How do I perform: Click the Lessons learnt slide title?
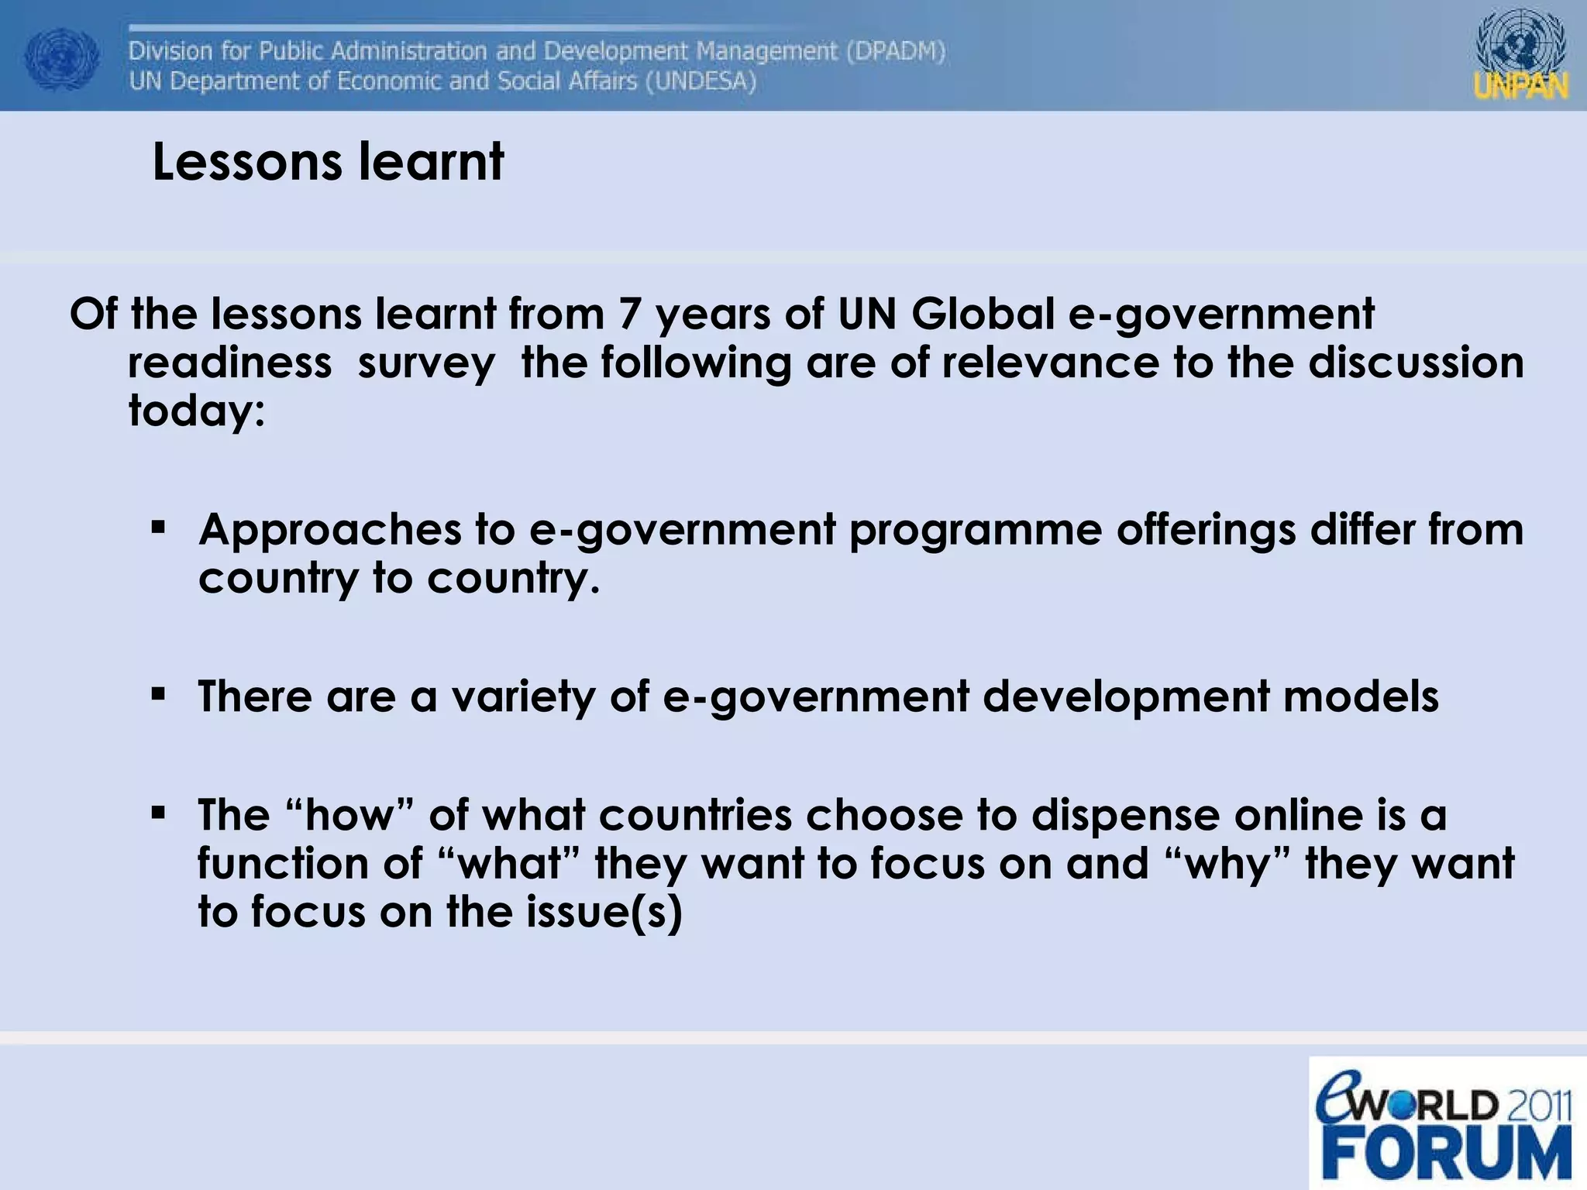pos(328,162)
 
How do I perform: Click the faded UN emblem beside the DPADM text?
pos(62,60)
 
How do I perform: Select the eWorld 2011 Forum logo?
pos(1445,1123)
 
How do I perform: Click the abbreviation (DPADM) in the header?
pos(896,51)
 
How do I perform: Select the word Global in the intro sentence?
pos(983,315)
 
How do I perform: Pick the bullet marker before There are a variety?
pos(159,694)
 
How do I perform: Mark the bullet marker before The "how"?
pos(159,813)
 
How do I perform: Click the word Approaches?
pos(330,531)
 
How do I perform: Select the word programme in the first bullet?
pos(976,531)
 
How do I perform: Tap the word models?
pos(1362,696)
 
